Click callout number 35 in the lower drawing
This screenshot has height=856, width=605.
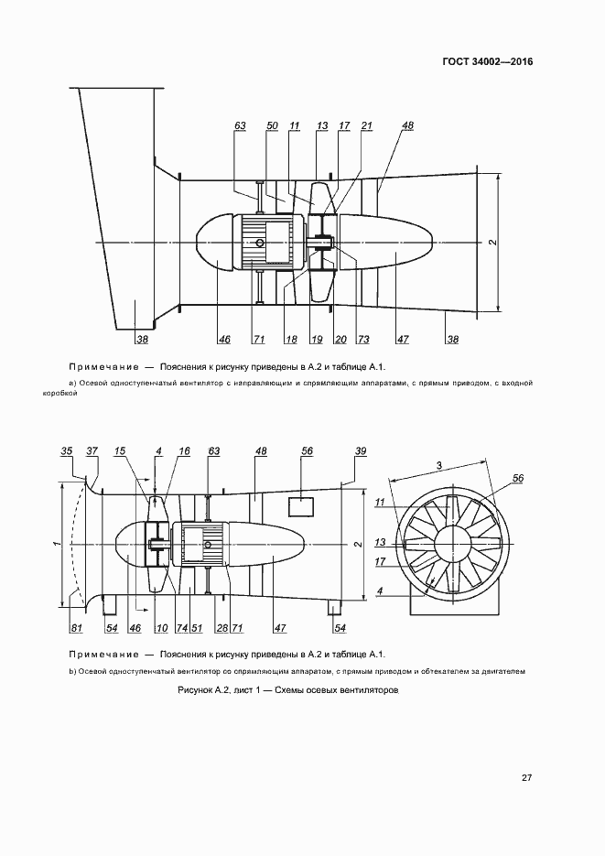tap(66, 451)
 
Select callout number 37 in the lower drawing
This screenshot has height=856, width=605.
tap(92, 451)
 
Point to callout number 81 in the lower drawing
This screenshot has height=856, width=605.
tap(75, 627)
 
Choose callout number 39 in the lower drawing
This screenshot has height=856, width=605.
tap(360, 451)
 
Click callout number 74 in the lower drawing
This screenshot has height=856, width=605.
tap(181, 627)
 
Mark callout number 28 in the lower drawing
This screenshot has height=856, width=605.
tap(221, 627)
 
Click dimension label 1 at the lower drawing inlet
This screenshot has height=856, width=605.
tap(56, 543)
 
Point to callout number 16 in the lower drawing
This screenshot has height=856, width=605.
tap(184, 451)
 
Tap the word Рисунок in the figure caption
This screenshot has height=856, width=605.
tap(196, 689)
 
